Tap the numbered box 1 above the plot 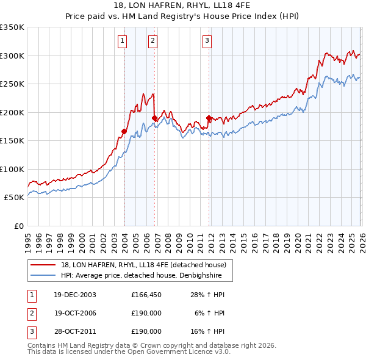point(123,41)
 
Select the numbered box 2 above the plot point(152,41)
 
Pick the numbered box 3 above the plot point(207,41)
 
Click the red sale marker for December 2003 point(124,131)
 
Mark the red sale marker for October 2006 point(154,118)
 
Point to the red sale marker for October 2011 point(209,118)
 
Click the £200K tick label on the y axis point(12,112)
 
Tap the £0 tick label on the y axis point(19,226)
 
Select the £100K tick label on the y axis point(12,169)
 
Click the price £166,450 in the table point(146,295)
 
